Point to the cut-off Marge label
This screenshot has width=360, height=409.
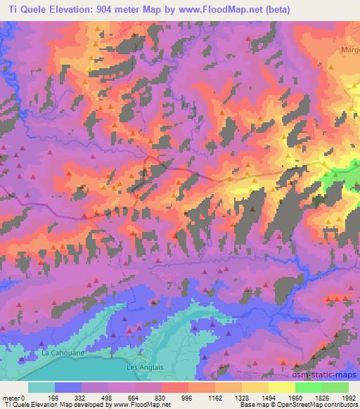(x=349, y=50)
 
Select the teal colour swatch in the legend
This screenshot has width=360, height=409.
(x=41, y=387)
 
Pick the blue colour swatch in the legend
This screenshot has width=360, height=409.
(x=68, y=387)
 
